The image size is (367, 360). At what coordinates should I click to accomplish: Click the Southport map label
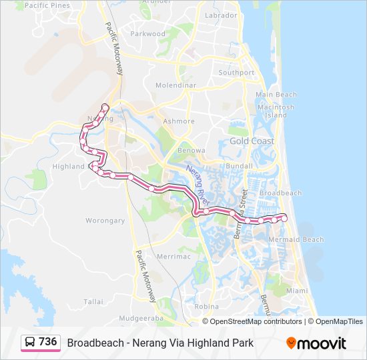(x=236, y=73)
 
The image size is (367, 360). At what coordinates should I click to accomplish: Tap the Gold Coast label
(x=252, y=141)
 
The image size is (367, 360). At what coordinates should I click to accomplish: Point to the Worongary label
(x=105, y=221)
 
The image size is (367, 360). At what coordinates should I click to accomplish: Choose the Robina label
(x=207, y=307)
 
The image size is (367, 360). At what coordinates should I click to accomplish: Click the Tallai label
(x=93, y=302)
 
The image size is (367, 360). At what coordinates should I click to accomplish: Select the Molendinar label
(x=175, y=86)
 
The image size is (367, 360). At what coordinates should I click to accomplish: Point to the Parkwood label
(x=147, y=33)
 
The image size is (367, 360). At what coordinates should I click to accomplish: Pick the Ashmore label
(x=179, y=121)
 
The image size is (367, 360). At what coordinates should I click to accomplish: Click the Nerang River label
(x=198, y=184)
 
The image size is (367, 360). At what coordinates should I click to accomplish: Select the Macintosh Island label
(x=275, y=111)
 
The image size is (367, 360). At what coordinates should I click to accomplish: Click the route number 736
(x=48, y=342)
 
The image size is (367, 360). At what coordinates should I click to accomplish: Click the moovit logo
(x=316, y=343)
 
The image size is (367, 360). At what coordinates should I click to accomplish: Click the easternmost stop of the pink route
(x=285, y=218)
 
